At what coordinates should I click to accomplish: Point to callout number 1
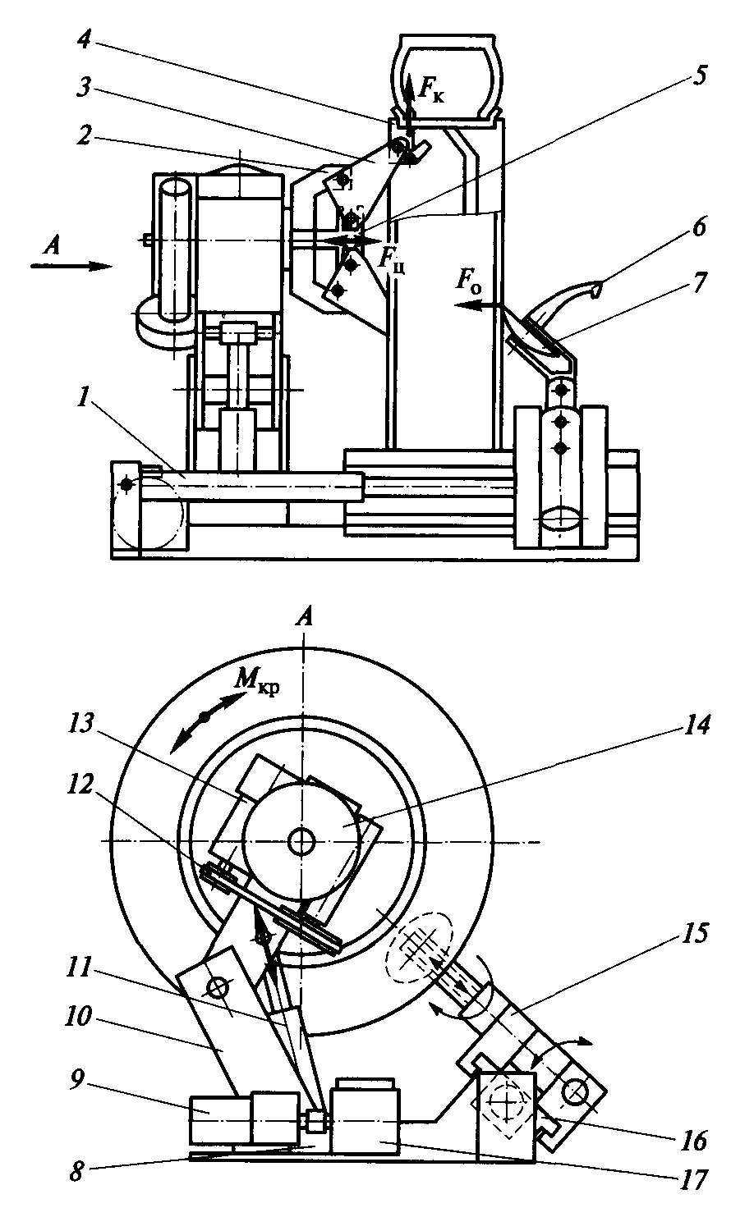pyautogui.click(x=82, y=400)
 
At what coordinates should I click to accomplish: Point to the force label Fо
pyautogui.click(x=469, y=282)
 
